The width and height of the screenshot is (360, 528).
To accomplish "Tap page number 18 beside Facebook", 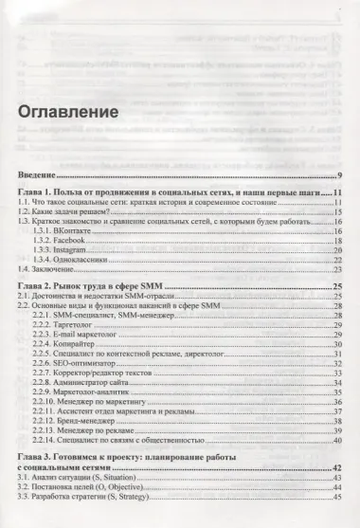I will pos(336,243).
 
